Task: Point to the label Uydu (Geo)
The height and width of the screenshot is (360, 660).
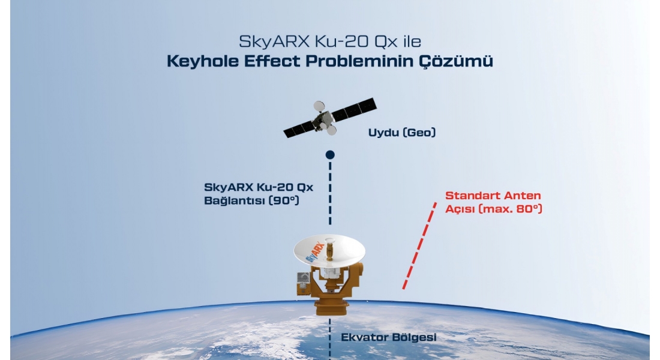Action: tap(402, 133)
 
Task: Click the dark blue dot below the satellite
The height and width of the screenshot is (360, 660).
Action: tap(330, 155)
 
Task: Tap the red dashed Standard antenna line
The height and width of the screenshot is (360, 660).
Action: tap(419, 246)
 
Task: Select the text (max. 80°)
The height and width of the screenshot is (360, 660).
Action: tap(511, 209)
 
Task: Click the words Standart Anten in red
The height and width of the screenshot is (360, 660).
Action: tap(493, 196)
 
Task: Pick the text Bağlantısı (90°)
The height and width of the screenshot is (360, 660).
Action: tap(251, 200)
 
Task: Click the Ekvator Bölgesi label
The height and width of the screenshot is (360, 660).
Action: tap(389, 337)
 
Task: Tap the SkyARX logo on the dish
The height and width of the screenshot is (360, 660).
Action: tap(315, 251)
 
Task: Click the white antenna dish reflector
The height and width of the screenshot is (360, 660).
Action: tap(329, 251)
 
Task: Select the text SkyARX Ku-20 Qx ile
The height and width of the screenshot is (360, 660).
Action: tap(330, 41)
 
